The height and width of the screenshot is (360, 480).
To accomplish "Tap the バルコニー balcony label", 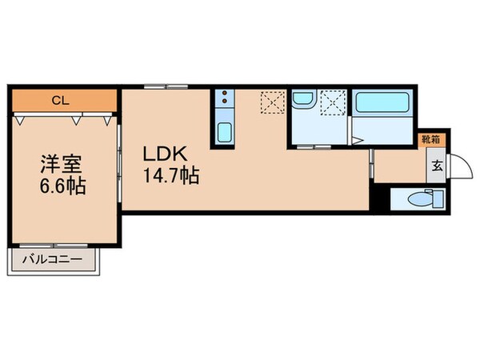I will pyautogui.click(x=54, y=260).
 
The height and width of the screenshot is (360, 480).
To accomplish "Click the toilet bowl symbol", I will pyautogui.click(x=417, y=198).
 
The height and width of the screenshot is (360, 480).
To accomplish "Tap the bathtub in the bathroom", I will pyautogui.click(x=382, y=104).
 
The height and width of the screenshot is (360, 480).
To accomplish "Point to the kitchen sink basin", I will pyautogui.click(x=224, y=132).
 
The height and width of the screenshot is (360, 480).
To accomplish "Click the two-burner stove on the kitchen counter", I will pyautogui.click(x=224, y=102).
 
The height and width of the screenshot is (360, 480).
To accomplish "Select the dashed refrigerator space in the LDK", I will pyautogui.click(x=271, y=102).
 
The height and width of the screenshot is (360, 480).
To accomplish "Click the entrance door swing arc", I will pyautogui.click(x=458, y=168).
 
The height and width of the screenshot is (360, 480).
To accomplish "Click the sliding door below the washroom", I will pyautogui.click(x=314, y=148).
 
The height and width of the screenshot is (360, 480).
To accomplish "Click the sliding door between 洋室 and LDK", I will pyautogui.click(x=120, y=164).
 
